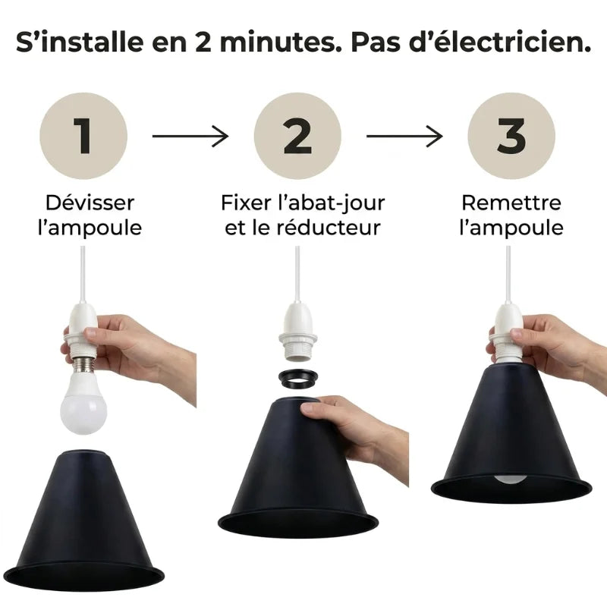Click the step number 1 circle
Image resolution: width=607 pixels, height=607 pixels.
point(83,136)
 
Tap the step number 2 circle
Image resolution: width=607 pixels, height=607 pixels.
point(297,136)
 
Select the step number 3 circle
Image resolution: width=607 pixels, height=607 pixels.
point(511,136)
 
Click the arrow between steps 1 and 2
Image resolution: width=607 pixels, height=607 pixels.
point(190,136)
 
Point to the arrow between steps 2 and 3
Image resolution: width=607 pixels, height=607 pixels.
point(404,136)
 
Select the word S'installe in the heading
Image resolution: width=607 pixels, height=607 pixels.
point(80,42)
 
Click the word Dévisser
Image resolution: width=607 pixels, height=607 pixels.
point(90,203)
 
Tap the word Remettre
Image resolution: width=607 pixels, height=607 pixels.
point(511,203)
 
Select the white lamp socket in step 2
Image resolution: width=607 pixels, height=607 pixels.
point(297,332)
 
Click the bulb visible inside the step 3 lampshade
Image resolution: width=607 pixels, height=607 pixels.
point(510,479)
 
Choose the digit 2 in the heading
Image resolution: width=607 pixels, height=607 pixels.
point(203,42)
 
